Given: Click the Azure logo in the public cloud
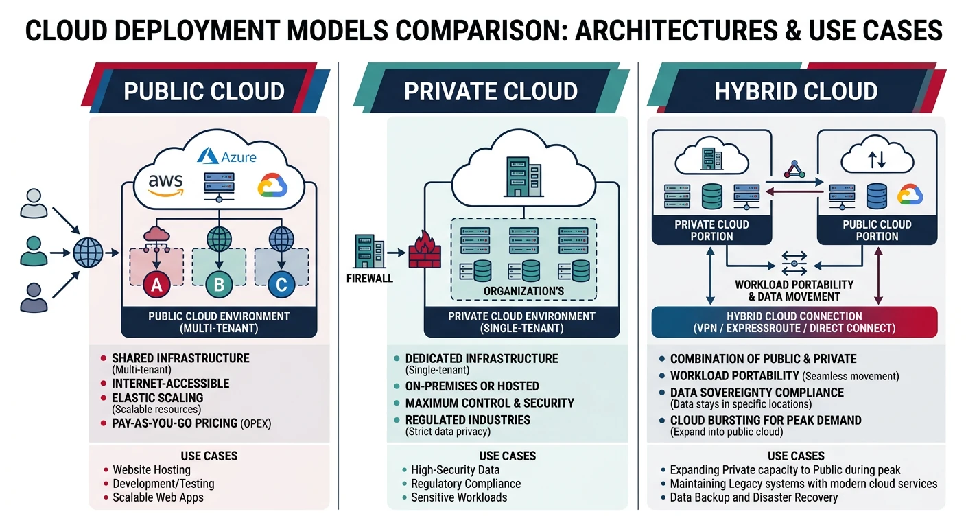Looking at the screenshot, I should pos(227,157).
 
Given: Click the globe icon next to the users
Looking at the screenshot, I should pos(88,252).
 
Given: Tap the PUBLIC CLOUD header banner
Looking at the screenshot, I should pos(204,91).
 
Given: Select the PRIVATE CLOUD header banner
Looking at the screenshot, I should pos(491,91).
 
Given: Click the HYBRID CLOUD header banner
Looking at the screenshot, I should pos(796,91).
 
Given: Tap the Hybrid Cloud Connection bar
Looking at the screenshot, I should pos(794,323).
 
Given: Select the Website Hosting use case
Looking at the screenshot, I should pos(152,470).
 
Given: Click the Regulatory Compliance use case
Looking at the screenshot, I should pos(466,484).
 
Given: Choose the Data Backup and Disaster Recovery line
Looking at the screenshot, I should pos(754,497).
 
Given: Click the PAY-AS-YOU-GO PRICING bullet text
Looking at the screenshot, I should pos(191,423).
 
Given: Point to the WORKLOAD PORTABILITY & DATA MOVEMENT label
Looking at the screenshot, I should pos(794,290).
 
